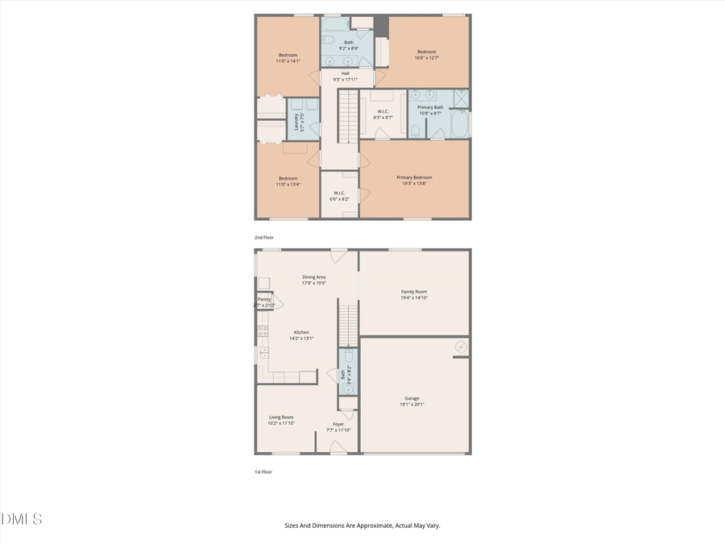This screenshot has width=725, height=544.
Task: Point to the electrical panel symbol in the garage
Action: [x=460, y=347]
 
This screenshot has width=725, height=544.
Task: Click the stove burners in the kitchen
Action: [x=263, y=330]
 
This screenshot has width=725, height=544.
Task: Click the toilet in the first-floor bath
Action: [x=348, y=356]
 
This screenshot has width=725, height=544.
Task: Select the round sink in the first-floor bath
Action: [x=348, y=388]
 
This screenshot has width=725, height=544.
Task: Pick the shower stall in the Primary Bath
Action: [x=460, y=98]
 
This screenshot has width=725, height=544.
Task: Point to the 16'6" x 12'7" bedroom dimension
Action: [x=426, y=57]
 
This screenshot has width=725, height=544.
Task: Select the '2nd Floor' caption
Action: [x=264, y=238]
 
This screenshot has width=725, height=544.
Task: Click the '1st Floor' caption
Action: [x=263, y=471]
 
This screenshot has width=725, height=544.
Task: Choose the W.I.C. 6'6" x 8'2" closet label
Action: [x=339, y=196]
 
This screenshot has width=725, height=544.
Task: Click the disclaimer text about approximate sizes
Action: [x=362, y=525]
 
